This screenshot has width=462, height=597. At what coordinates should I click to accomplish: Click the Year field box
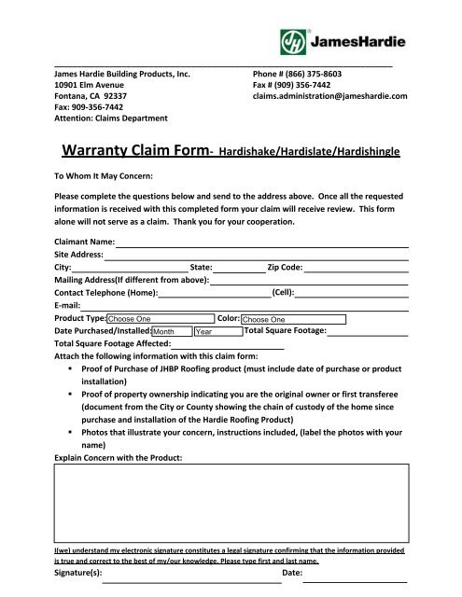point(217,331)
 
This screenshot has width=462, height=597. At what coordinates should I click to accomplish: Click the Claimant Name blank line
point(262,243)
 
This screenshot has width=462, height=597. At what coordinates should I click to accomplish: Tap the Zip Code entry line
point(357,269)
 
